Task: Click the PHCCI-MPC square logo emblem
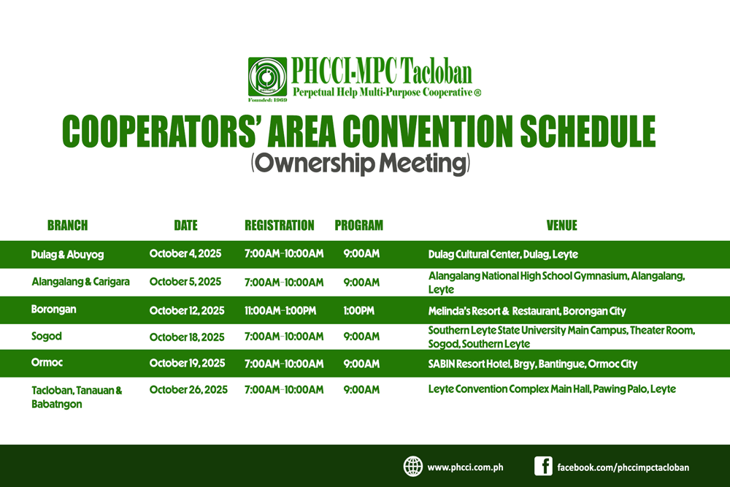pos(267,77)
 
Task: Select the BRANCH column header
pos(67,226)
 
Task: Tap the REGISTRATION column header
pos(280,226)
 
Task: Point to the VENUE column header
pos(561,226)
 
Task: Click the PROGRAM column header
pos(358,226)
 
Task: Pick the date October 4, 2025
pos(185,254)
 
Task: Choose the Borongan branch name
pos(53,309)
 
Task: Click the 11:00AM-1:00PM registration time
pos(280,310)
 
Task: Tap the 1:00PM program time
pos(358,310)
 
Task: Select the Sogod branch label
pos(47,336)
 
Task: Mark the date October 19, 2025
pos(187,363)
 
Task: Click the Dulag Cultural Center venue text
pos(503,254)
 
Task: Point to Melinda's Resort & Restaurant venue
pos(527,310)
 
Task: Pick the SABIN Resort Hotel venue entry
pos(533,364)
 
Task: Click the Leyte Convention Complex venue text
pos(552,388)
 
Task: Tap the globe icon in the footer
pos(413,467)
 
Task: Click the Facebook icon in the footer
pos(543,466)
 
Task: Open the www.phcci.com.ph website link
pos(465,467)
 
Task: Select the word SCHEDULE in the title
pos(588,131)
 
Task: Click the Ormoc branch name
pos(47,362)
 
